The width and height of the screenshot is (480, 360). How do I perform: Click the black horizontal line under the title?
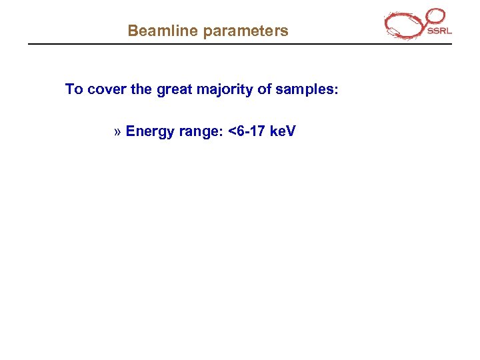click(240, 45)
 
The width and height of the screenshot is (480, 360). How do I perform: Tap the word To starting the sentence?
click(73, 89)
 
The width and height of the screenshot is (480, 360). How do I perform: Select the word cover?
click(107, 89)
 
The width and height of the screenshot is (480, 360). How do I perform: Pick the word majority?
click(228, 89)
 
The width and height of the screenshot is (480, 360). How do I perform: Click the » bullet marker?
click(117, 131)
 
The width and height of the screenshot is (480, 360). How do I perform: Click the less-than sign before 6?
click(231, 131)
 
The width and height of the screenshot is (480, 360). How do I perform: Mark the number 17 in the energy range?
click(256, 131)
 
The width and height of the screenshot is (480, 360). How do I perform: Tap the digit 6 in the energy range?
click(240, 131)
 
